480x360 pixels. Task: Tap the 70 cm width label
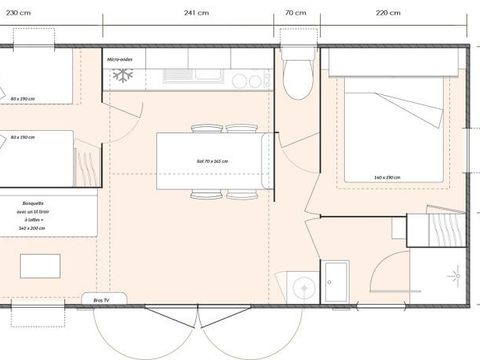pos(295,13)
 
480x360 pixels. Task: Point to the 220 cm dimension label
pos(388,13)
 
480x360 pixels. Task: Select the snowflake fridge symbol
pos(123,76)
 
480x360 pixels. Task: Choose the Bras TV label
pos(102,298)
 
